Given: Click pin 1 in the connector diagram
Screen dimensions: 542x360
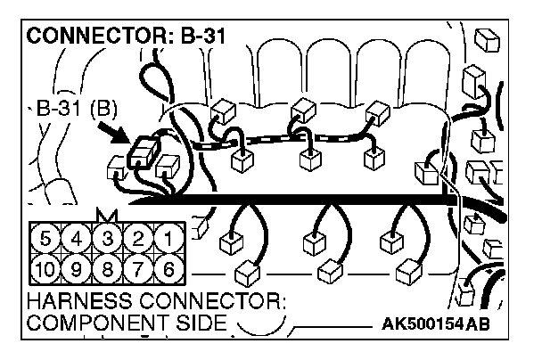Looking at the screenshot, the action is tap(165, 239).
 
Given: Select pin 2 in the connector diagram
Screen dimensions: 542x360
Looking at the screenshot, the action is tap(135, 239).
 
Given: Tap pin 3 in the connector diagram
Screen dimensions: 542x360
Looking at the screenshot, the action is tap(107, 239).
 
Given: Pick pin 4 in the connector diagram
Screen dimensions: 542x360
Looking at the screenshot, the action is tap(78, 239).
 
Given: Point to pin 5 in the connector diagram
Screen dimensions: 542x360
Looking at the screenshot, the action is tap(48, 239).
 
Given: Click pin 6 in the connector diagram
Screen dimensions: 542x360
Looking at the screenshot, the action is tap(165, 267).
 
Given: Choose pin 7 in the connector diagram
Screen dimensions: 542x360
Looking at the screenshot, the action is tap(135, 267).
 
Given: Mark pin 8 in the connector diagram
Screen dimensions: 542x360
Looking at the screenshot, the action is tap(107, 267).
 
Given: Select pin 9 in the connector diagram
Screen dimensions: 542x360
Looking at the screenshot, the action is tap(78, 267).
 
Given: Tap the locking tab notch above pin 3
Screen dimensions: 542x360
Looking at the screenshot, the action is tap(107, 215).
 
